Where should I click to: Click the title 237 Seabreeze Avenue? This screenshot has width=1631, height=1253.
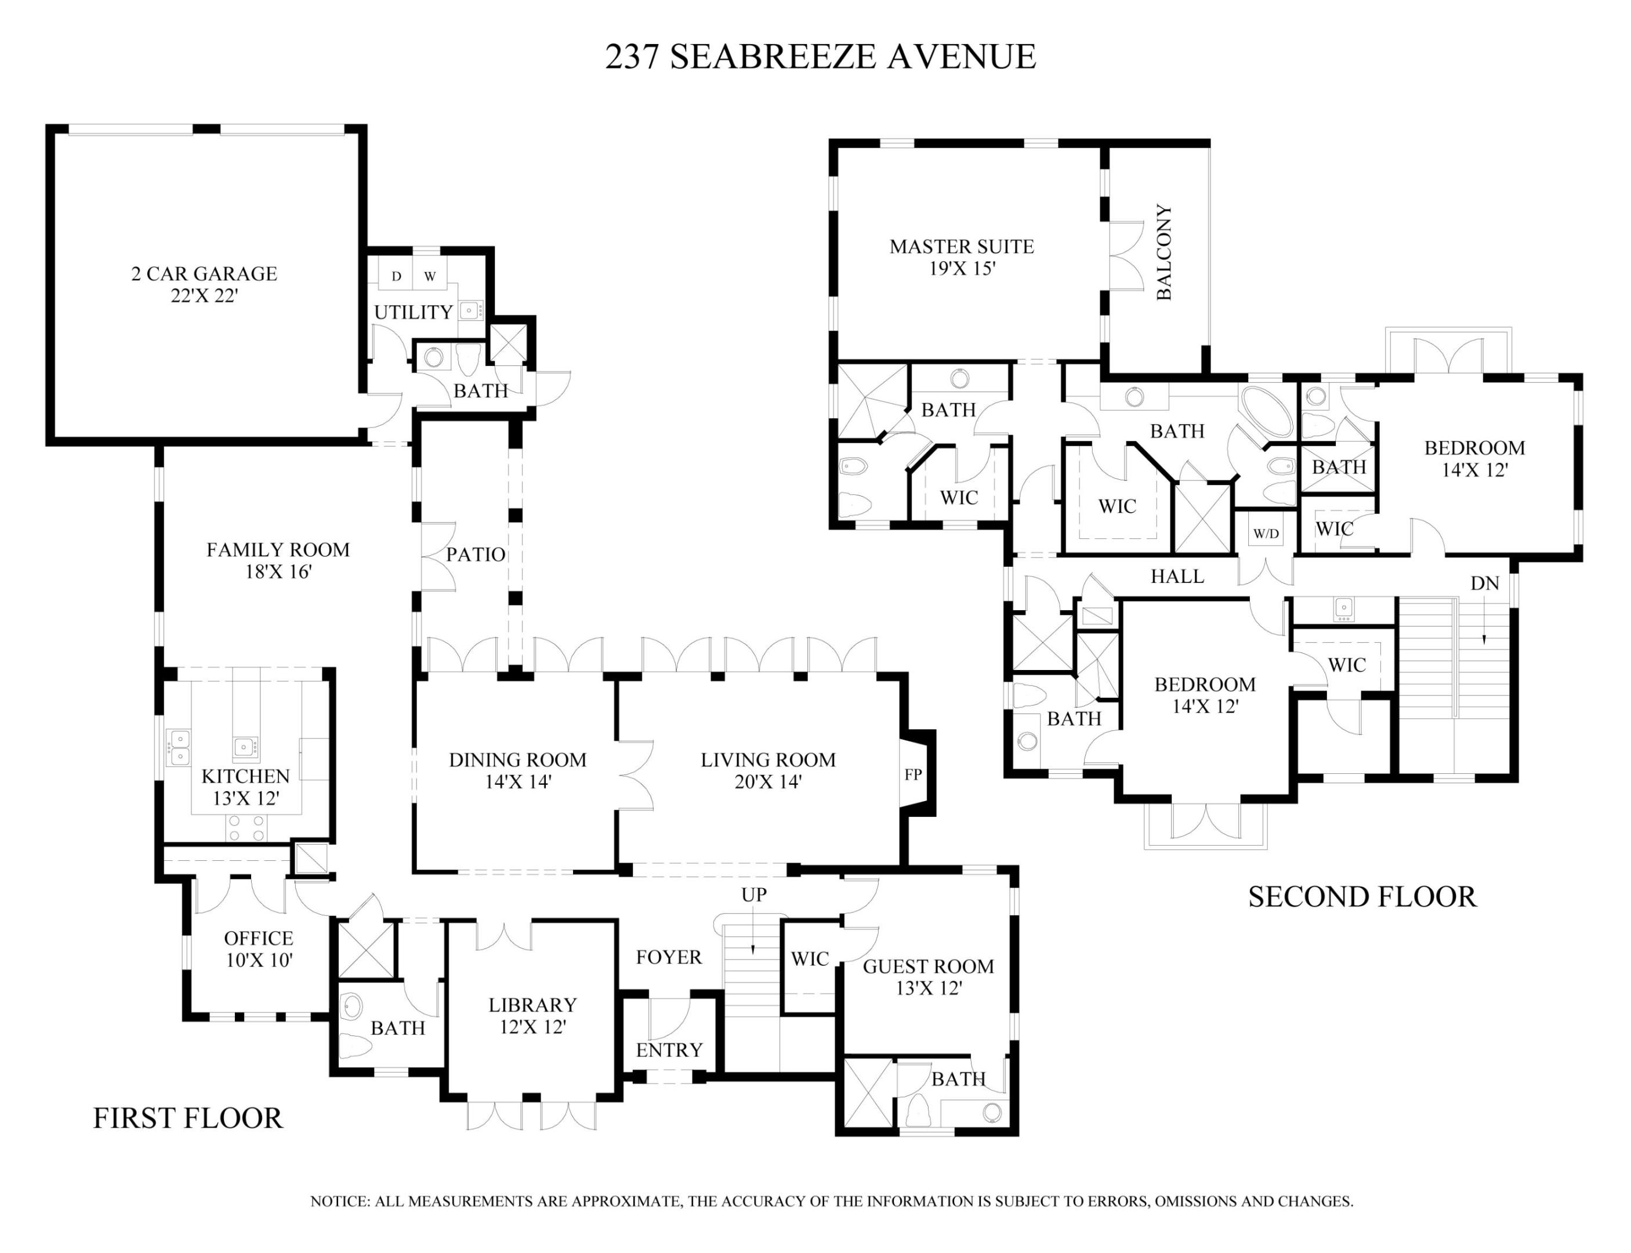(x=820, y=57)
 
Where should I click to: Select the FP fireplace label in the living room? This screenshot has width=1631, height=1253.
(x=912, y=775)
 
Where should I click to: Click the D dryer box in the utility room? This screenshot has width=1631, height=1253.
(x=396, y=276)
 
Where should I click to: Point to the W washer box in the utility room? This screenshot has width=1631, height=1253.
(x=430, y=276)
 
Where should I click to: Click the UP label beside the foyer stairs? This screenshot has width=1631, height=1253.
(x=753, y=895)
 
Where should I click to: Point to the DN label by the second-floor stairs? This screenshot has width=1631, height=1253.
(x=1484, y=583)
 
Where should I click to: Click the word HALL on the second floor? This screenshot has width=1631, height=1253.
(x=1177, y=576)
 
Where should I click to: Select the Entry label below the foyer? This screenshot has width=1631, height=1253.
(x=669, y=1049)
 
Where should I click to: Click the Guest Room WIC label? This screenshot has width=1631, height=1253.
(x=809, y=958)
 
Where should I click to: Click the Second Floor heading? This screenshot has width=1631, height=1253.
(x=1361, y=896)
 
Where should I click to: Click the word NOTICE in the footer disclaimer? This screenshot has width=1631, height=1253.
(x=339, y=1201)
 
